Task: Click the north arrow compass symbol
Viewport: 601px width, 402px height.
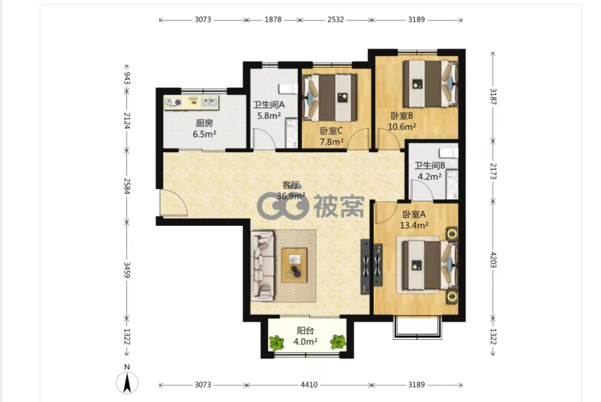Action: (127, 382)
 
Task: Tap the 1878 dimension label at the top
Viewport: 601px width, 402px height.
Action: (273, 19)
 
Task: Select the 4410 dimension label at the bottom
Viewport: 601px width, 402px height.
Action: (309, 384)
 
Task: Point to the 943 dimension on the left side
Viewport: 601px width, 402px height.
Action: (127, 78)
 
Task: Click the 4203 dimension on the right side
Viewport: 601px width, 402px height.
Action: (493, 260)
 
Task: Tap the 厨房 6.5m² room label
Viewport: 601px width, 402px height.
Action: (204, 129)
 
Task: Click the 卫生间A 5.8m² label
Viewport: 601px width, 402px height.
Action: (269, 110)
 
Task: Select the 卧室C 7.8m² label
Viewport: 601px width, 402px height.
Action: (332, 136)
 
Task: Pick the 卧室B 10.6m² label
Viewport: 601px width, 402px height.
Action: (402, 121)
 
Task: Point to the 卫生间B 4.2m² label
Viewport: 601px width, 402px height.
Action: (430, 171)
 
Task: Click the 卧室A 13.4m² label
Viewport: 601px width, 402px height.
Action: (414, 219)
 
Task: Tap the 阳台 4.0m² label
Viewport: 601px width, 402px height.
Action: (305, 336)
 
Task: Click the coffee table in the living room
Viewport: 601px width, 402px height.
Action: (294, 265)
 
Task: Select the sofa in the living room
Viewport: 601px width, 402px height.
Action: (263, 265)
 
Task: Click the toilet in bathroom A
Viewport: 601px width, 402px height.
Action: (289, 89)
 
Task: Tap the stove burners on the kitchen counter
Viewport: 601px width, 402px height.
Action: (173, 102)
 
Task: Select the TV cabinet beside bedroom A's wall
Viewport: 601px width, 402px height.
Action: (366, 267)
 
